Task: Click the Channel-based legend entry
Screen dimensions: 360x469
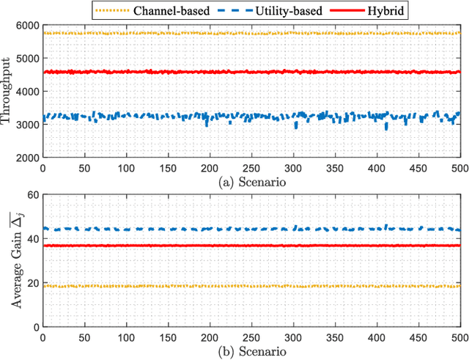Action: pos(168,10)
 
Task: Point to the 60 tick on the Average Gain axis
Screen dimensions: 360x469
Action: pos(32,195)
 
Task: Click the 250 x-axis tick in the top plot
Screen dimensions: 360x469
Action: pos(251,168)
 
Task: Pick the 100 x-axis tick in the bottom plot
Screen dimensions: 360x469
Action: pos(125,337)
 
